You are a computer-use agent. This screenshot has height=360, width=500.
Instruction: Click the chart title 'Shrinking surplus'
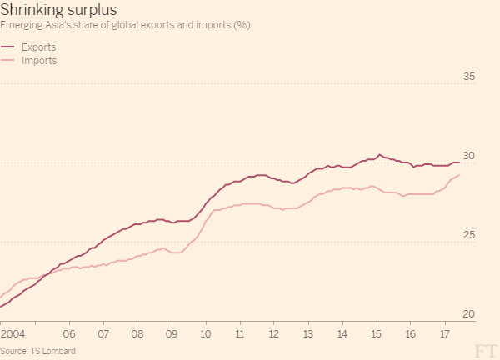click(x=58, y=10)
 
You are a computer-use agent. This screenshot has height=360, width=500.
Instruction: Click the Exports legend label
click(x=38, y=47)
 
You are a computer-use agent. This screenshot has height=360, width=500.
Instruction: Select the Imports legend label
click(x=38, y=61)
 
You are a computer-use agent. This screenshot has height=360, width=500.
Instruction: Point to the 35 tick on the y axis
click(x=468, y=77)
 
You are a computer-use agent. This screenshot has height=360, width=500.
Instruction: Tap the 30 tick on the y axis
click(x=468, y=157)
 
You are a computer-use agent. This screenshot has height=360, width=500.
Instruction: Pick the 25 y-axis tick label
click(x=468, y=236)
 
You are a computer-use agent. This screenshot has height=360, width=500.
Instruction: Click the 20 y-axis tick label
click(x=468, y=315)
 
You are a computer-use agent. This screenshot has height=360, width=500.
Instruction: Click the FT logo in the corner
click(x=485, y=349)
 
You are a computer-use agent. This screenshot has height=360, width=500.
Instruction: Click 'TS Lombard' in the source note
click(x=54, y=351)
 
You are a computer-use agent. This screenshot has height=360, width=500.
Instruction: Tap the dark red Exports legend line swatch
click(x=7, y=47)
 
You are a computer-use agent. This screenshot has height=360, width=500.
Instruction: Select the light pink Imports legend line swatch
click(x=7, y=61)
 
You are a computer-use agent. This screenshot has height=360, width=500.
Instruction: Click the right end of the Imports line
click(x=459, y=174)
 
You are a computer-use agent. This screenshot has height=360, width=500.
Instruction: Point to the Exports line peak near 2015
click(x=379, y=154)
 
